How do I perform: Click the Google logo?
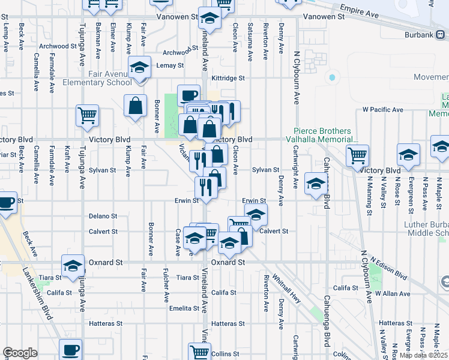coord(20,353)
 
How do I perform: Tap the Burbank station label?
coord(419,35)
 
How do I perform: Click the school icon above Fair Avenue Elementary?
coord(139,67)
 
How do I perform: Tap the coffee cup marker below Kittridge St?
coord(188,95)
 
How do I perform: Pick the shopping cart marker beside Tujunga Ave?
coord(88,115)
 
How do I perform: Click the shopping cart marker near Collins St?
coord(199,352)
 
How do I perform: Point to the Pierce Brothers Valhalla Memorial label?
coord(325,135)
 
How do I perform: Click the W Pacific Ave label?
coord(383,110)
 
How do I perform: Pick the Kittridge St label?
coord(228,78)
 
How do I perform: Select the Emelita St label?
coord(184,308)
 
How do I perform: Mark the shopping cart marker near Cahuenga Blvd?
coord(357,156)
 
